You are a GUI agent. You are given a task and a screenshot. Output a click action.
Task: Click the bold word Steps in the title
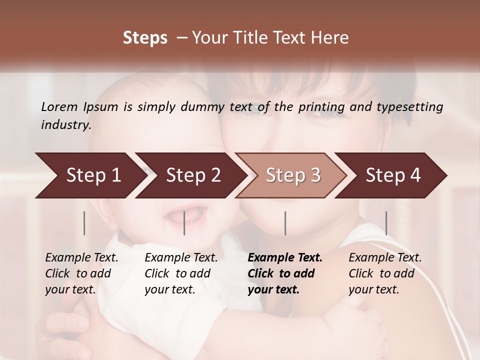tap(145, 38)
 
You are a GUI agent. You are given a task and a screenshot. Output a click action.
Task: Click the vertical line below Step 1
tap(84, 223)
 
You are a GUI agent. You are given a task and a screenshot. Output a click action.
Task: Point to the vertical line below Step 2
tap(184, 223)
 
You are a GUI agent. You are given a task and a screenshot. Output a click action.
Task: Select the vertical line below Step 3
tap(285, 223)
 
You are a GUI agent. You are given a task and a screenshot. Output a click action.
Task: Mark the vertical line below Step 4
tap(386, 223)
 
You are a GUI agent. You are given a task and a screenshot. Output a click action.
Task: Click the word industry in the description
tap(66, 124)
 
